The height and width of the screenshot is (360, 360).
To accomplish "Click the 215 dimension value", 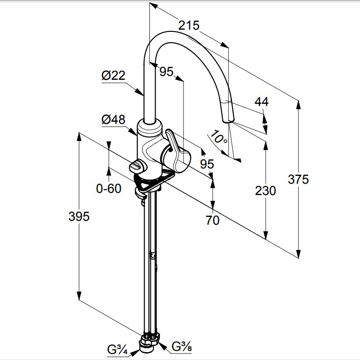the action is pos(189,25).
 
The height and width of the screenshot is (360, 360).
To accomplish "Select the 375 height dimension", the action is pos(298,179).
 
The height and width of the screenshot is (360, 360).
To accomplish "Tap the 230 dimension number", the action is pos(265,191).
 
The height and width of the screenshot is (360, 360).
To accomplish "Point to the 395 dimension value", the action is pos(79,216).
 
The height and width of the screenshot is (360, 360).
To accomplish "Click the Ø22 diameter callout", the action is pos(113,75).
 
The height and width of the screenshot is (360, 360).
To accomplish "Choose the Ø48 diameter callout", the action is pos(113,120).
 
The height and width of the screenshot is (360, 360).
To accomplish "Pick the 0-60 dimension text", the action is pos(108,189).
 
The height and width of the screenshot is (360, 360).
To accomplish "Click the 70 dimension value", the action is pos(212,220).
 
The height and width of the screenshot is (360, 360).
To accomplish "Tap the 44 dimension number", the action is pos(261,102).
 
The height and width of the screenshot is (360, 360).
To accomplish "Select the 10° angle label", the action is pos(218,137).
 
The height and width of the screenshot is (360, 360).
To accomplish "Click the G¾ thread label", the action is pos(117,350).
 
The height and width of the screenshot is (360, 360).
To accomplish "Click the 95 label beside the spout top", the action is pos(166,72).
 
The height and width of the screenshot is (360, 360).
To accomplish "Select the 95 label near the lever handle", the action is pos(207,164).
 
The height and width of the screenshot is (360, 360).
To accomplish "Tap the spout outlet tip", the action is pos(228,122).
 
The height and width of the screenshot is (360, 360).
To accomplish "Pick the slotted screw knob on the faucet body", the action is pos(137,166).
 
